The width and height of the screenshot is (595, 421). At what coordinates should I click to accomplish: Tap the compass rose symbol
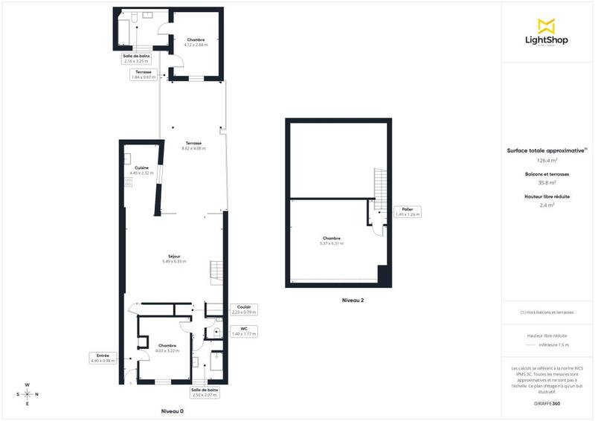coord(27,394)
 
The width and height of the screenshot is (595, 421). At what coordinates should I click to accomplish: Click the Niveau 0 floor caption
coord(172,411)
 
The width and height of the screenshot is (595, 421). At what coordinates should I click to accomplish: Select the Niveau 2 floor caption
coord(353,301)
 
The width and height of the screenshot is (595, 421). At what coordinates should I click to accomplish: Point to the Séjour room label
coord(172,257)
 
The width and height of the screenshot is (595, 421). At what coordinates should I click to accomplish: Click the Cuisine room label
coord(141,168)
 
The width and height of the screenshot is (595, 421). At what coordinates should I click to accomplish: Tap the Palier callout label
coord(407,210)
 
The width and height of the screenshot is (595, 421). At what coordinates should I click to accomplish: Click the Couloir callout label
coord(243,306)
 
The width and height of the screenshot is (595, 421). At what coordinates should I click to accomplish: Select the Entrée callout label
coord(103,356)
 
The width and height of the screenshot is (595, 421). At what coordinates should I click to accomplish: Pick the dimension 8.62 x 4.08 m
coord(193,148)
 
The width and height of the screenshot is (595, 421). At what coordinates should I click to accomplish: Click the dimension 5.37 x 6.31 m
coord(331,243)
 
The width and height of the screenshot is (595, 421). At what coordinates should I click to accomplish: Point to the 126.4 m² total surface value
coord(547,160)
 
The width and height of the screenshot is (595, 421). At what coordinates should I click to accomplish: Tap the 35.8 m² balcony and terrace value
coord(547,182)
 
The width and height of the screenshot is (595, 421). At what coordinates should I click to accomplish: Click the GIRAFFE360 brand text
coord(547,402)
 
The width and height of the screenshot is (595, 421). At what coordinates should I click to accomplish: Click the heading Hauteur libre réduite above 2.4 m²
coord(547,196)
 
